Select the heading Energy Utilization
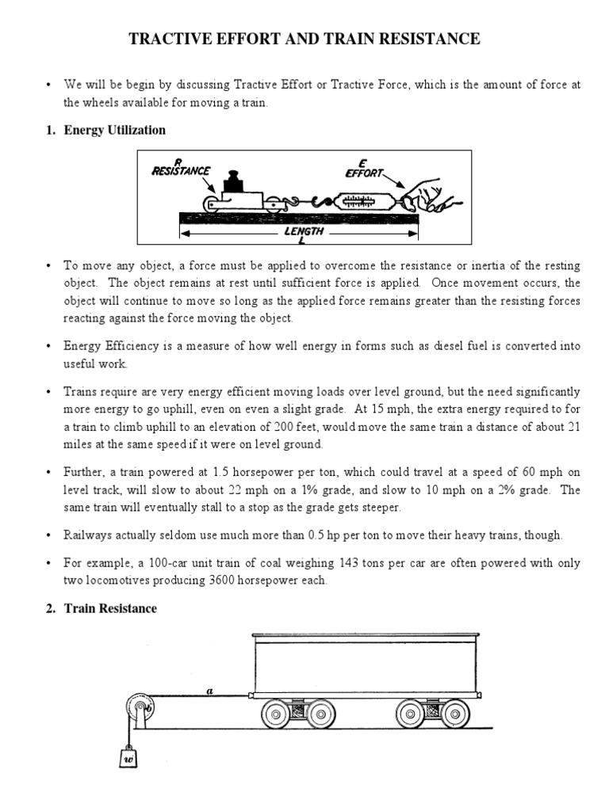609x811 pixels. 115,129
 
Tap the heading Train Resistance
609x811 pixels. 111,608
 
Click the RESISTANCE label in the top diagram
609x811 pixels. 182,169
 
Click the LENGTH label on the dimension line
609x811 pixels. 304,232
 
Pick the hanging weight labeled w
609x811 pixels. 128,758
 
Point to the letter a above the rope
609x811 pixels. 209,691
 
